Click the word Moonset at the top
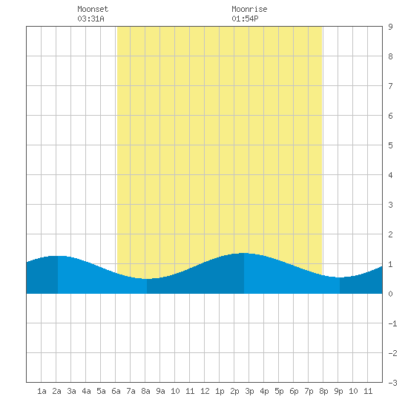coord(93,9)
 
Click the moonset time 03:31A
coord(91,19)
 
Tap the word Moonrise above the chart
coord(249,9)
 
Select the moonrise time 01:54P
coord(245,19)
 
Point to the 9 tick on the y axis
coord(390,27)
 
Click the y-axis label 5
coord(390,145)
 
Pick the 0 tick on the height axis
coord(390,294)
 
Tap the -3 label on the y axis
coord(392,383)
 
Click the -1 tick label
coord(392,323)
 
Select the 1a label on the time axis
coord(42,391)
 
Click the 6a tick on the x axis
coord(116,391)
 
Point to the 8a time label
coord(145,391)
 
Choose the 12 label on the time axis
coord(205,391)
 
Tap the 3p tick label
coord(249,391)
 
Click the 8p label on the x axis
coord(323,391)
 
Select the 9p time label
coord(338,391)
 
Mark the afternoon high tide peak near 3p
coord(244,253)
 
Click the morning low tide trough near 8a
coord(147,279)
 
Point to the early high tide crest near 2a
coord(58,256)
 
